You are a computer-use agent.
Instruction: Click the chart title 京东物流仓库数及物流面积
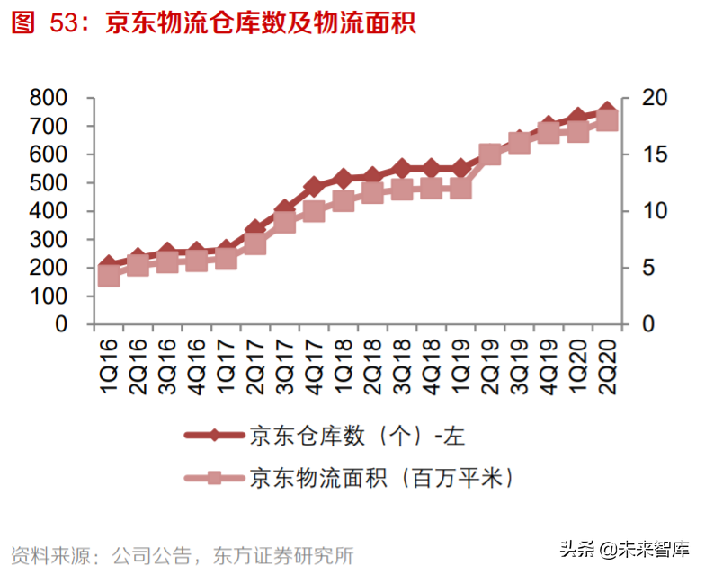click(x=260, y=23)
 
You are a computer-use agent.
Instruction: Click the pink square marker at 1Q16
click(x=109, y=276)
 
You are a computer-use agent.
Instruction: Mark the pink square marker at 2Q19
click(x=490, y=155)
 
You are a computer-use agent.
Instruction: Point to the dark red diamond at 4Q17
click(x=314, y=188)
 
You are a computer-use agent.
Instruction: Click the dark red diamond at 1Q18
click(x=343, y=180)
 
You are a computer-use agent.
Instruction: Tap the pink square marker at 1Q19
click(x=460, y=189)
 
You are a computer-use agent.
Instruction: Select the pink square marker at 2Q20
click(x=607, y=119)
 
